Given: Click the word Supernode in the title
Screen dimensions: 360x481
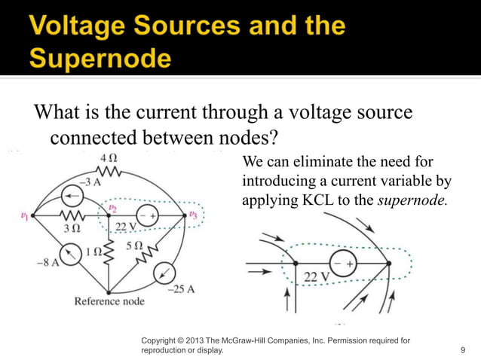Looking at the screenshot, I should pyautogui.click(x=101, y=58).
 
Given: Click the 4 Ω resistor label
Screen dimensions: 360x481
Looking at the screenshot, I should pyautogui.click(x=108, y=158).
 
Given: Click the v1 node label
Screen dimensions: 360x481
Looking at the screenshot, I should pyautogui.click(x=24, y=215).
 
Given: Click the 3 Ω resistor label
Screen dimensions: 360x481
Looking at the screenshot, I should pyautogui.click(x=72, y=228).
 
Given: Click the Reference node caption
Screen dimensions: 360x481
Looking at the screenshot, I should pyautogui.click(x=109, y=301).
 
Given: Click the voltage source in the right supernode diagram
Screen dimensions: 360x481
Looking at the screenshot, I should pyautogui.click(x=343, y=264).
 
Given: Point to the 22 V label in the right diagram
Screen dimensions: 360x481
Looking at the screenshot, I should pyautogui.click(x=317, y=277).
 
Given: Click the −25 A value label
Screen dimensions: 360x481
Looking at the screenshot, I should pyautogui.click(x=181, y=289).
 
